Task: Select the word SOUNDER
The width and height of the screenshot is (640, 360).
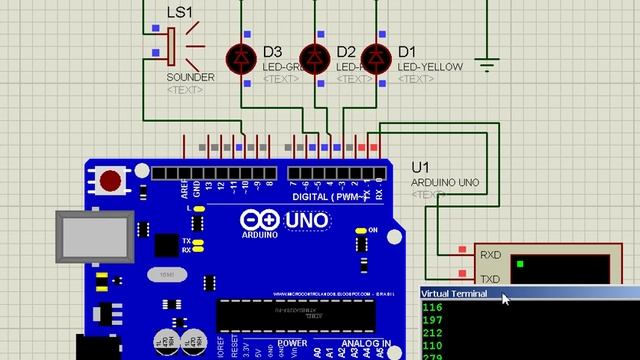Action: coord(190,77)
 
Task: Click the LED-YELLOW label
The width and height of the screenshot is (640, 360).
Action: coord(430,67)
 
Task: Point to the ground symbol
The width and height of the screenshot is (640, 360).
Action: coord(487,66)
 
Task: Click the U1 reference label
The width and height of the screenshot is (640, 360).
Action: coord(420,166)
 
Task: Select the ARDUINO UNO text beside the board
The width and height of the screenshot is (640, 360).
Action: coord(445,183)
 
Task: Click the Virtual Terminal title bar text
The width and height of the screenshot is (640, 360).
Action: coord(455,294)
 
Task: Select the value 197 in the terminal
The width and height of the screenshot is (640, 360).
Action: coord(433,320)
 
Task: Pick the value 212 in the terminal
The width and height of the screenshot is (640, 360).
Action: coord(433,333)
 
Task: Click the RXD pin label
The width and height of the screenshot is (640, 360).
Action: coord(490,255)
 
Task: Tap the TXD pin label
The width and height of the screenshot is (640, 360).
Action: coord(490,279)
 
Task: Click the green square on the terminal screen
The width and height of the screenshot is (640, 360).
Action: coord(521,265)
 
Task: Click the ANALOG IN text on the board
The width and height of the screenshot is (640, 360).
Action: coord(364,343)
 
